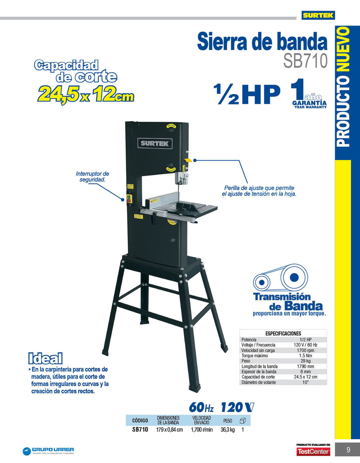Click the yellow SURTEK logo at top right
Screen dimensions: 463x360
pos(318,16)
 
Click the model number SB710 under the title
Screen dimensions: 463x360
pos(305,61)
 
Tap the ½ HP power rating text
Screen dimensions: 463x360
pos(247,95)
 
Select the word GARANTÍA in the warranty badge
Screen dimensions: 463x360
pos(309,103)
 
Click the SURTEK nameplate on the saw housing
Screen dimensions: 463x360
pos(155,143)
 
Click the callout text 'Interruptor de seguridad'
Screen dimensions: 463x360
pos(92,176)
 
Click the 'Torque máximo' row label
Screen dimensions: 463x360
pos(255,356)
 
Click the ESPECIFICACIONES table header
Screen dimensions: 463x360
pos(283,333)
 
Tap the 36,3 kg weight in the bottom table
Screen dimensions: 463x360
pos(228,430)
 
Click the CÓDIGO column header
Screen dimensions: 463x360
pos(140,421)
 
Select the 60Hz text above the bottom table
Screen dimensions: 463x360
pos(201,408)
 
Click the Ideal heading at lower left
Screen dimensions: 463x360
pos(45,358)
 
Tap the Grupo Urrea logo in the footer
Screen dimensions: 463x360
pos(48,451)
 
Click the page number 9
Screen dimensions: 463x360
pos(348,450)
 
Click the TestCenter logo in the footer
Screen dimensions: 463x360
pos(313,452)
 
